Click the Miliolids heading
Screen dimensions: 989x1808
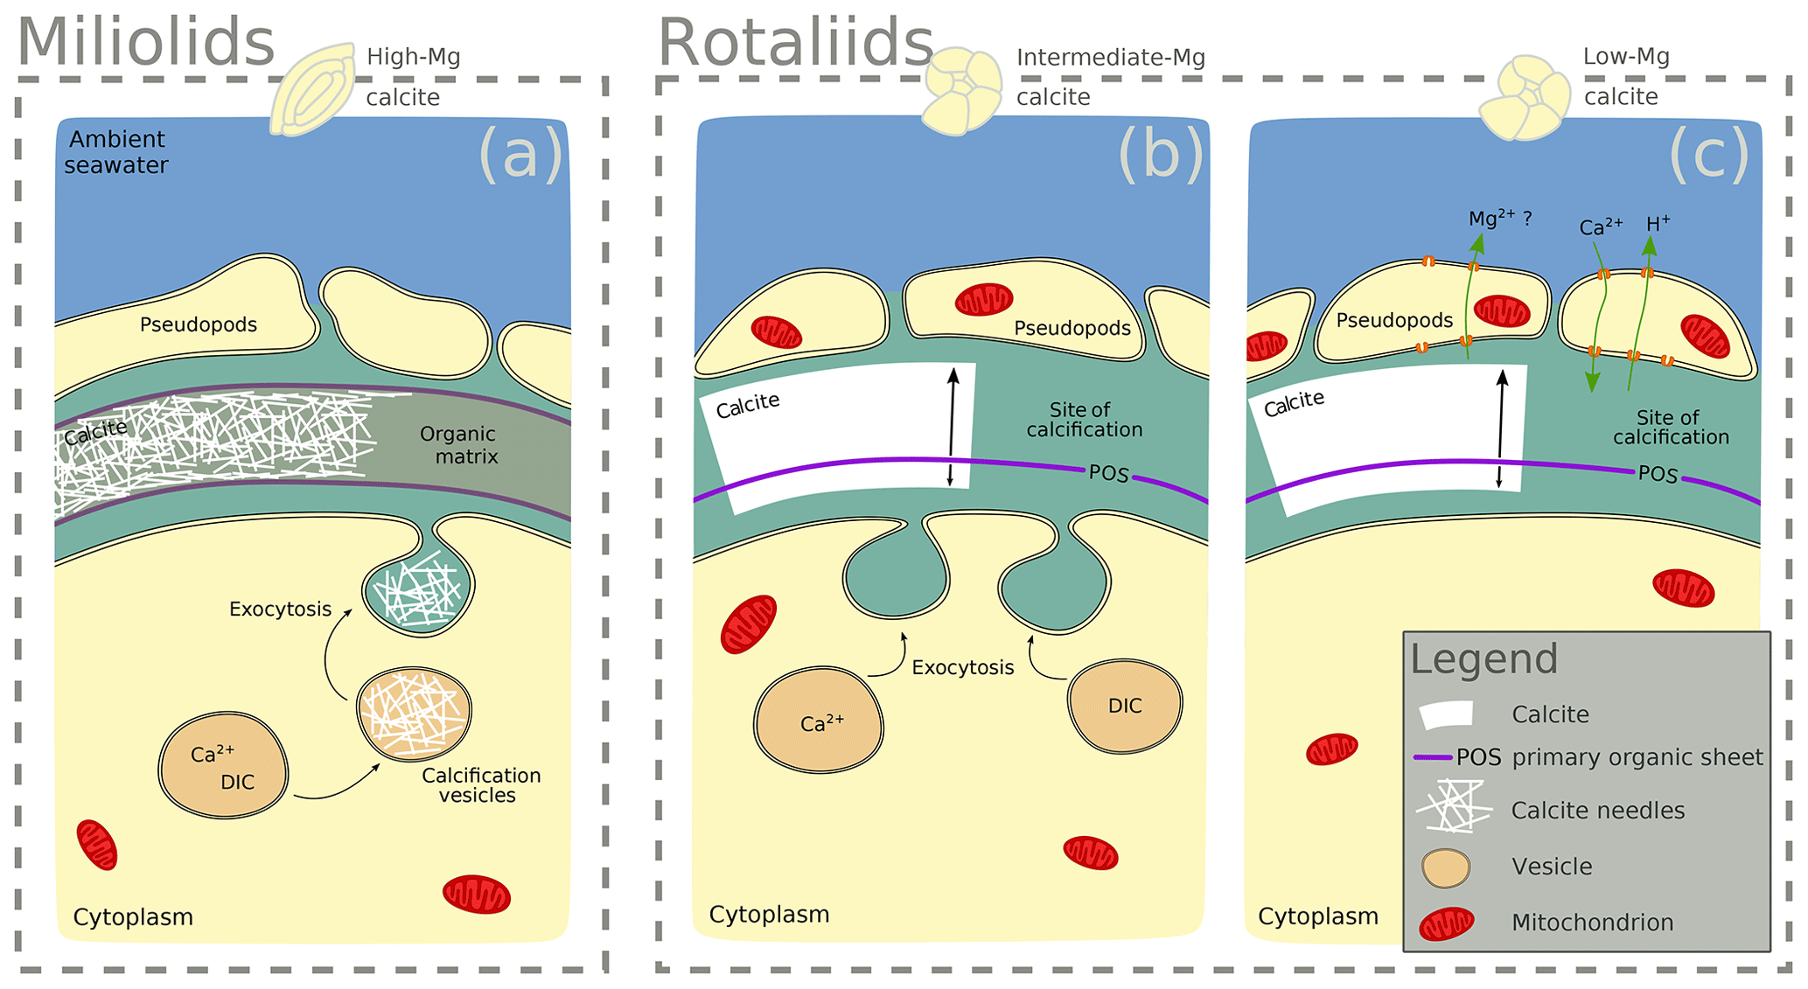pyautogui.click(x=146, y=42)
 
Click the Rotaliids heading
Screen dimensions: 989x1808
pyautogui.click(x=795, y=42)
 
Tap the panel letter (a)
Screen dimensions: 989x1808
pyautogui.click(x=520, y=155)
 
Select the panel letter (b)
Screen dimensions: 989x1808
pyautogui.click(x=1161, y=155)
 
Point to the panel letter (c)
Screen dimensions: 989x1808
pyautogui.click(x=1709, y=155)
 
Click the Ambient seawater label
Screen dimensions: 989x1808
pyautogui.click(x=116, y=152)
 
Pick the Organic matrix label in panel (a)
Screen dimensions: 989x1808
pyautogui.click(x=458, y=445)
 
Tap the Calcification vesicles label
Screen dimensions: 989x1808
pyautogui.click(x=480, y=785)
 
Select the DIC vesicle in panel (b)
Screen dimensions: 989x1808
pyautogui.click(x=1125, y=707)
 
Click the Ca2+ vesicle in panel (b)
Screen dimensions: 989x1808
pyautogui.click(x=820, y=721)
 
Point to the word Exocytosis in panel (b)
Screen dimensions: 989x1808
pyautogui.click(x=962, y=668)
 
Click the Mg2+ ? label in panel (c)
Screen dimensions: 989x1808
pyautogui.click(x=1499, y=219)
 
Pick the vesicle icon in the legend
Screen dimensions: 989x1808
pyautogui.click(x=1446, y=867)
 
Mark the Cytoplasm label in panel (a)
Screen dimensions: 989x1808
pyautogui.click(x=133, y=917)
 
